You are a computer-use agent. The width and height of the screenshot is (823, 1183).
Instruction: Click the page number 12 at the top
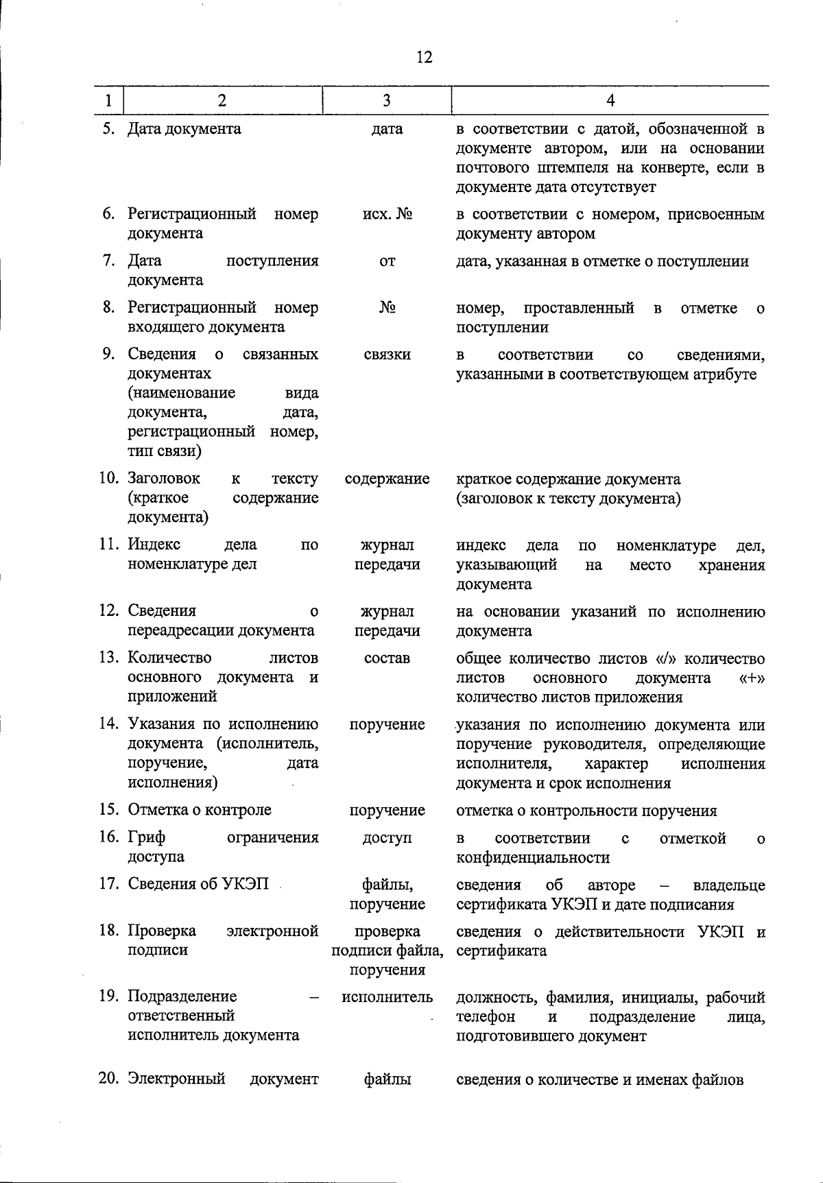(x=425, y=57)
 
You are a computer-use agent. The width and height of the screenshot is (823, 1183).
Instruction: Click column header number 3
(x=387, y=101)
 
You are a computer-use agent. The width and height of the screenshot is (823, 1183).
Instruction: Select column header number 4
(x=610, y=101)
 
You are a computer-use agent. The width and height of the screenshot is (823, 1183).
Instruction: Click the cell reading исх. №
(x=387, y=214)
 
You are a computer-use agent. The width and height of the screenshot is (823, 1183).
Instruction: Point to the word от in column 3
(x=387, y=261)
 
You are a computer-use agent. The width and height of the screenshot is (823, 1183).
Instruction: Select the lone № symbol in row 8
(x=387, y=308)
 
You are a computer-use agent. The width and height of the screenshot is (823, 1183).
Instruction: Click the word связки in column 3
(x=387, y=355)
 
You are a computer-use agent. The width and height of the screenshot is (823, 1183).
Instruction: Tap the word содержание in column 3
(x=387, y=479)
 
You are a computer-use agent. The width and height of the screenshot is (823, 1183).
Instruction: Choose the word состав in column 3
(x=387, y=658)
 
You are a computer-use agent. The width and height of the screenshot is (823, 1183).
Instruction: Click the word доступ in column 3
(x=387, y=838)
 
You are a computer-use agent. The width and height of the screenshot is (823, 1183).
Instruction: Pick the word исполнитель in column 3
(x=387, y=996)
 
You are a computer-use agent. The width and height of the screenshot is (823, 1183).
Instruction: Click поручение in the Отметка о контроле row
(x=387, y=810)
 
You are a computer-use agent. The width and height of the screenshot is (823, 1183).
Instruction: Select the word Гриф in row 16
(x=147, y=837)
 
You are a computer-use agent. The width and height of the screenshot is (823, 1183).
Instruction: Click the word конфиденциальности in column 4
(x=533, y=857)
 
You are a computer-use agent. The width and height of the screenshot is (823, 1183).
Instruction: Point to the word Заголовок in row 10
(x=164, y=478)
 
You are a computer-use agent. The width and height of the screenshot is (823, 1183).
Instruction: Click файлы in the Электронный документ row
(x=387, y=1079)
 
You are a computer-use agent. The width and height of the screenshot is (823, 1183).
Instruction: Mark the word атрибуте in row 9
(x=726, y=374)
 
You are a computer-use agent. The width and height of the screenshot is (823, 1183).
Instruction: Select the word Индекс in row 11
(x=154, y=545)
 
